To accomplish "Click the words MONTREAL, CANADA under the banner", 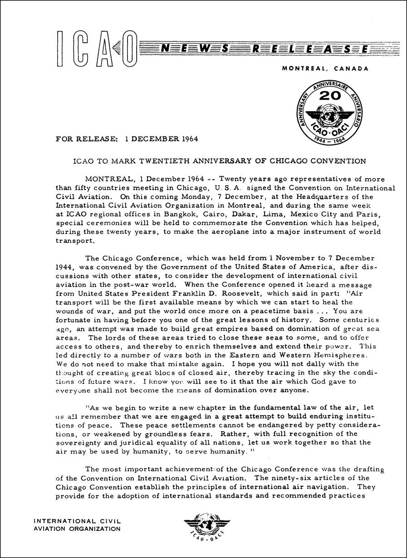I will (325, 69).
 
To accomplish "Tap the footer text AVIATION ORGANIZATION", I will (78, 529).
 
